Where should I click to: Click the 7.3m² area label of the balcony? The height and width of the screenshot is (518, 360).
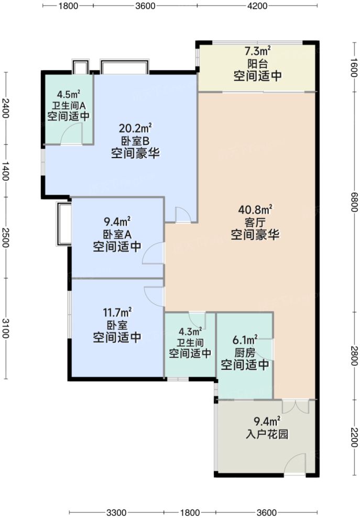(257, 51)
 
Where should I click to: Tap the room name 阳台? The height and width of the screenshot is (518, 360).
(257, 63)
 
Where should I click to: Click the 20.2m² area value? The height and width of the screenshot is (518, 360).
(135, 128)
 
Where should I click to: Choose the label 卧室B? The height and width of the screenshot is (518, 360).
(135, 140)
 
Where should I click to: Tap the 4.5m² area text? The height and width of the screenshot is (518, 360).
(68, 95)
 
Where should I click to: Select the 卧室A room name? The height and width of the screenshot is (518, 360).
(117, 234)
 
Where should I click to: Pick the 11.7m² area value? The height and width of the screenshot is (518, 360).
(117, 312)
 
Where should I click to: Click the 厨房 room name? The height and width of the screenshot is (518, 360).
(245, 351)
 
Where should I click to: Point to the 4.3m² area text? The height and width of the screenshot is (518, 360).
(190, 332)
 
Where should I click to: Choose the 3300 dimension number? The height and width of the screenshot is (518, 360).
(117, 512)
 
